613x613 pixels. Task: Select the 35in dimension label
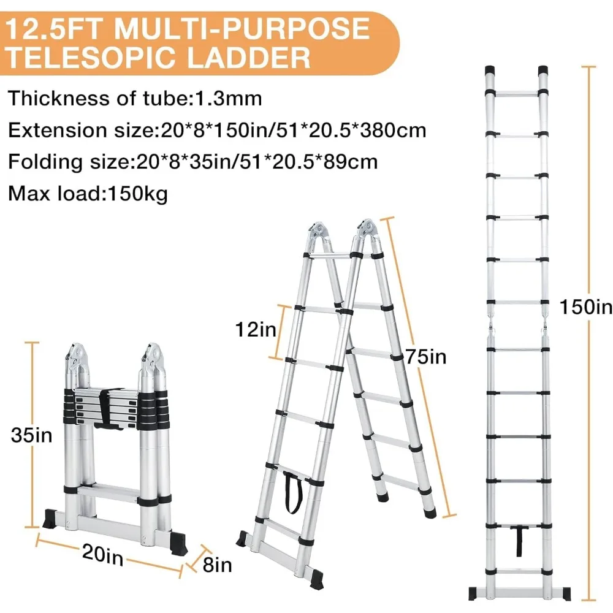[x=31, y=435]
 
